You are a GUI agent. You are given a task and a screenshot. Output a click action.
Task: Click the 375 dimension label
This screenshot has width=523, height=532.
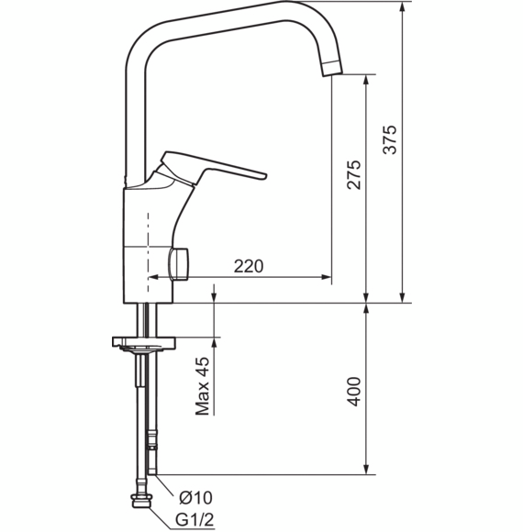click(x=390, y=139)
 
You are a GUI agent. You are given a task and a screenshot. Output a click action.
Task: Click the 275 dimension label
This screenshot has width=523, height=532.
click(x=353, y=174)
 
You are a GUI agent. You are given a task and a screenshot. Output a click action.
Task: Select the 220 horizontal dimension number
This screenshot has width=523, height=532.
click(x=249, y=266)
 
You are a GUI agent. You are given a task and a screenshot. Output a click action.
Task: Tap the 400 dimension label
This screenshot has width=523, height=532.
click(x=353, y=391)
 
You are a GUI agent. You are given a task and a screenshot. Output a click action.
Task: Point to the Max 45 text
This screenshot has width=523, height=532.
click(x=202, y=386)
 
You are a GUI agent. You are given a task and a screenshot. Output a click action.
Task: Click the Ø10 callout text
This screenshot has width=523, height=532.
click(x=195, y=498)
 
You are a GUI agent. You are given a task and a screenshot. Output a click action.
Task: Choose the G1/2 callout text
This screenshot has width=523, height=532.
click(x=195, y=519)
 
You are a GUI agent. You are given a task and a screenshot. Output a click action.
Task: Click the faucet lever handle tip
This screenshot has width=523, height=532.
click(x=264, y=176)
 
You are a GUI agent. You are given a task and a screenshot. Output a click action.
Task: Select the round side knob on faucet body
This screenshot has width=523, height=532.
click(x=179, y=264)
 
